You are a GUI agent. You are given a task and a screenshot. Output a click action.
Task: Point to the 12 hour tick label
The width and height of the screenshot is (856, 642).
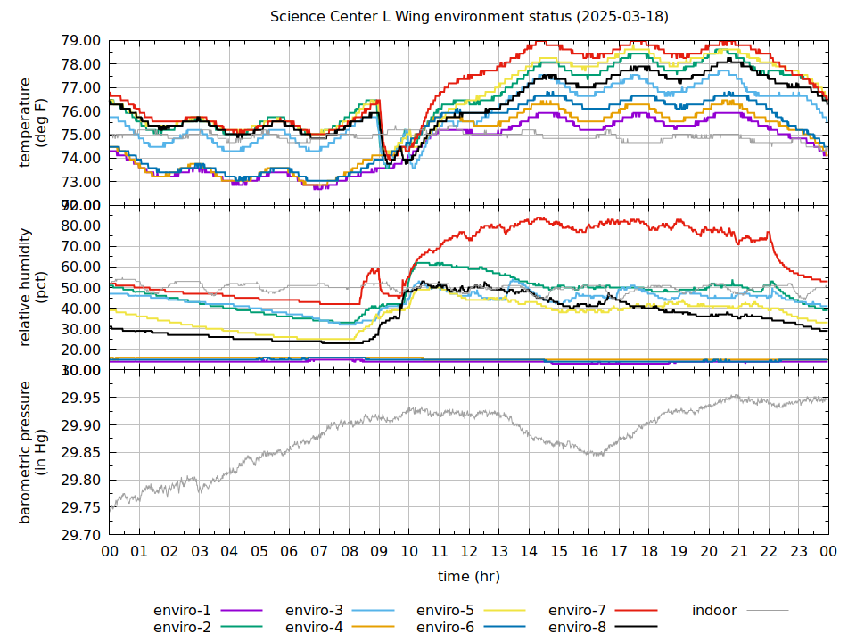pyautogui.click(x=469, y=551)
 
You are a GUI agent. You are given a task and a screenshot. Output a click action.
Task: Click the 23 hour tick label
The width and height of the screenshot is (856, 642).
pyautogui.click(x=799, y=551)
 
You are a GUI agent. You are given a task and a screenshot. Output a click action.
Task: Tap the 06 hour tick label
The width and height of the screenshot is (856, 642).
pyautogui.click(x=289, y=551)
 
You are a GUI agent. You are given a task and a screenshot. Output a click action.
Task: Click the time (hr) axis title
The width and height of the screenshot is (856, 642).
pyautogui.click(x=469, y=577)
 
